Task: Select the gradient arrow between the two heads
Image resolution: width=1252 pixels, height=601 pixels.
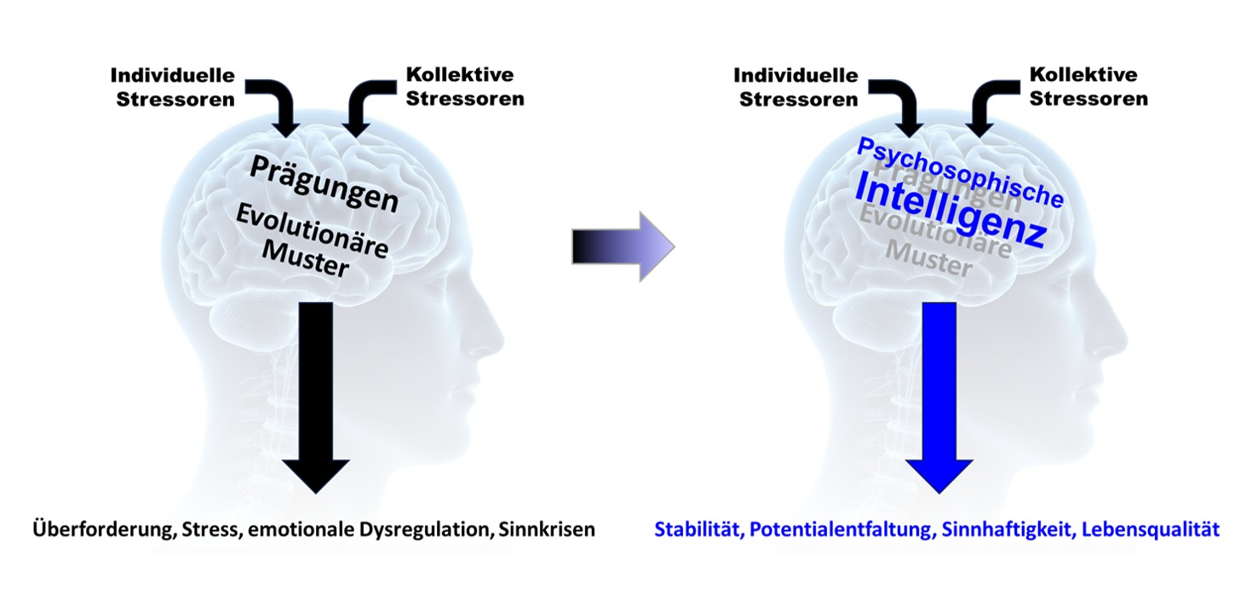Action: (x=623, y=248)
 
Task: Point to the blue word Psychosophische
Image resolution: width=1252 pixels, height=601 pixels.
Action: (x=961, y=170)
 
